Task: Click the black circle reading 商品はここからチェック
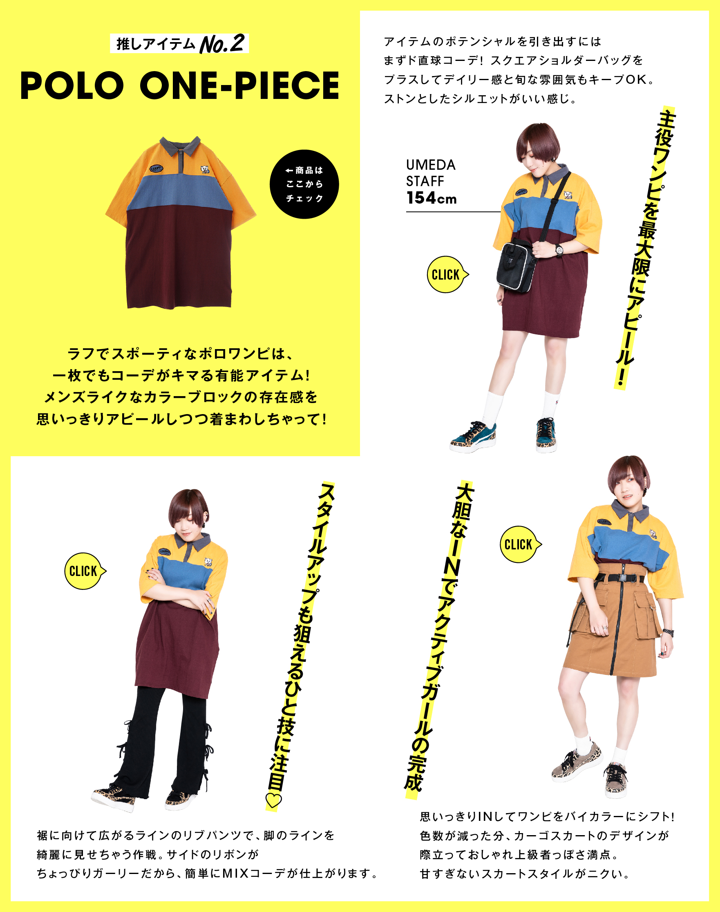[x=304, y=184]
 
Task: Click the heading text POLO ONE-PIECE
[x=179, y=85]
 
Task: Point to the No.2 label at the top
[x=222, y=44]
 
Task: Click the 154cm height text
[x=431, y=198]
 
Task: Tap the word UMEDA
[x=430, y=165]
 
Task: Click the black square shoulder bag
[x=517, y=265]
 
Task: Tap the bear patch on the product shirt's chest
[x=206, y=170]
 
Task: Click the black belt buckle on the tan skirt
[x=622, y=578]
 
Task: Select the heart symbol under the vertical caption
[x=274, y=800]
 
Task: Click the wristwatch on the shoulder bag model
[x=559, y=250]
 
